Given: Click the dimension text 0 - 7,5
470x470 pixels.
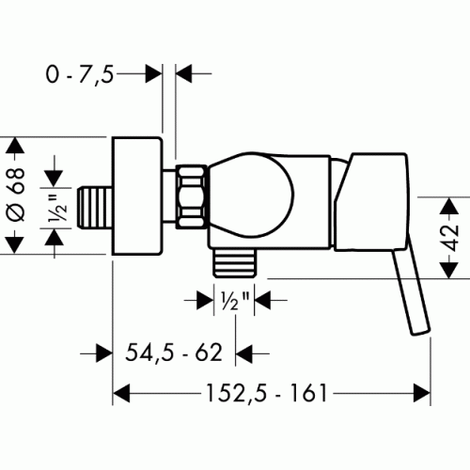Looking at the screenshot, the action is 80,74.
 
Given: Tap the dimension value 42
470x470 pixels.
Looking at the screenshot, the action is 451,238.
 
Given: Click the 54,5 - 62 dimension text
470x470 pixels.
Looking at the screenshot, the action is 174,352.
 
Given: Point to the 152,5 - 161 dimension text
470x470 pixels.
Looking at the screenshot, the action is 267,393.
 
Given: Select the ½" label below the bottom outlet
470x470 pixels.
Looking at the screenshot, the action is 235,300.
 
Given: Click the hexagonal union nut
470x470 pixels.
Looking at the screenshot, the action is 192,196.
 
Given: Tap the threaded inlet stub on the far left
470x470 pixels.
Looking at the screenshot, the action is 95,208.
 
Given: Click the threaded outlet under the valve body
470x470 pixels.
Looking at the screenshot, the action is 234,262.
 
